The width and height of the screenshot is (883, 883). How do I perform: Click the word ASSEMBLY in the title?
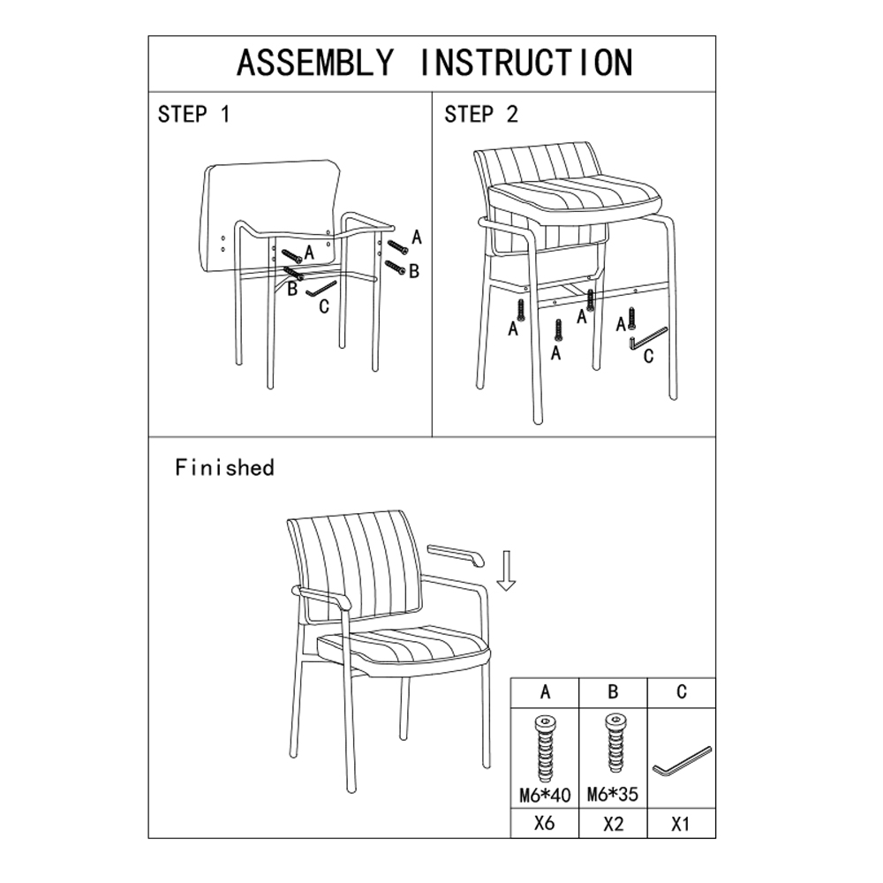coord(315,63)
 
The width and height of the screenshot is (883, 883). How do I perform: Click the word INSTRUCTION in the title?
coord(526,63)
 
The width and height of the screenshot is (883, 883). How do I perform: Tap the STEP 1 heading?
coord(193,114)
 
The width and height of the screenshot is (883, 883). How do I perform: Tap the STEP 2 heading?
coord(480,114)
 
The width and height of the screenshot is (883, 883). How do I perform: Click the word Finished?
coord(224,467)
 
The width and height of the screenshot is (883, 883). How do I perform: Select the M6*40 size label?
coord(545,796)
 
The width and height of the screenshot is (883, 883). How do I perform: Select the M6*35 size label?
coord(613,794)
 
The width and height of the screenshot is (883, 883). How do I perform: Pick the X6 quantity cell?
coord(545,824)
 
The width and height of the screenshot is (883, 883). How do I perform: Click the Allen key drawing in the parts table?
coord(682,762)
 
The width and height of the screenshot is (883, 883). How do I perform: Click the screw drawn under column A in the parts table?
coord(545,748)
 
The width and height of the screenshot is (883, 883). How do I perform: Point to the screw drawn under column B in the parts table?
coord(614,743)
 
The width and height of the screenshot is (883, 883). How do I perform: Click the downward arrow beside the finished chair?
coord(506,570)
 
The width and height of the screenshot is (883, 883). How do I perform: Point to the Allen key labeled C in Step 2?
coord(648,339)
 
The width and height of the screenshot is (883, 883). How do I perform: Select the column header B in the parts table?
coord(614,691)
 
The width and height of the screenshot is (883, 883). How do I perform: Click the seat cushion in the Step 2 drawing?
coord(573,200)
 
